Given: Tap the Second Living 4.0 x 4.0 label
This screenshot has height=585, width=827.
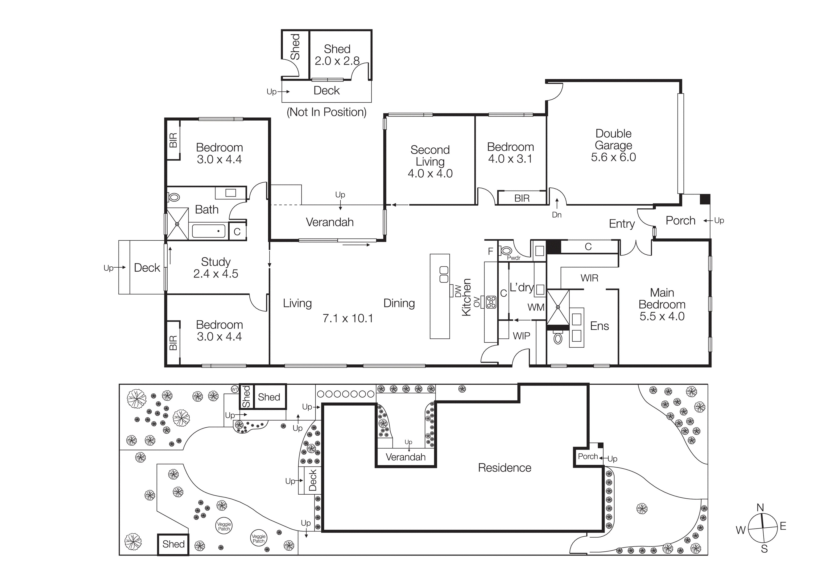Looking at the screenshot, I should (430, 161).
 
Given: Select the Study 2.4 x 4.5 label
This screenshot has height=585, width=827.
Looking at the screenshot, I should (215, 267).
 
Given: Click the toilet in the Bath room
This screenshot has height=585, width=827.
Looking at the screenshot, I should (174, 197).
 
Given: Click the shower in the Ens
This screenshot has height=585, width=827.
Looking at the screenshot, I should (558, 307).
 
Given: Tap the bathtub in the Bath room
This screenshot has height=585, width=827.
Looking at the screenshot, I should (209, 231).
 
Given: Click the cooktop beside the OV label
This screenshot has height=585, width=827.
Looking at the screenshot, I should (491, 302).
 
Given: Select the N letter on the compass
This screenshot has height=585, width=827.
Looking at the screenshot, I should (760, 508).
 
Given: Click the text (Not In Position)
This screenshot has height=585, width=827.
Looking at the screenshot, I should (326, 112).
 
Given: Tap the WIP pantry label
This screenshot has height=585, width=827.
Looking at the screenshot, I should (521, 336).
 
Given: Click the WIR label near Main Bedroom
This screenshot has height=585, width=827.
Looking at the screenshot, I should (589, 278).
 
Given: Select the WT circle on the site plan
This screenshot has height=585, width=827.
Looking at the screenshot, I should (235, 389).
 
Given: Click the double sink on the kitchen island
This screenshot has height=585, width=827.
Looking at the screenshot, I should (444, 274).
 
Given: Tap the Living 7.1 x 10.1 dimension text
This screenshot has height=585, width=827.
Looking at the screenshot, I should (347, 318).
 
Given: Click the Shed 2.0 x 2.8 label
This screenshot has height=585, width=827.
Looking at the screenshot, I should (337, 55).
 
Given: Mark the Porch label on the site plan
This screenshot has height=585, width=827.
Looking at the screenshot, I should (587, 456).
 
